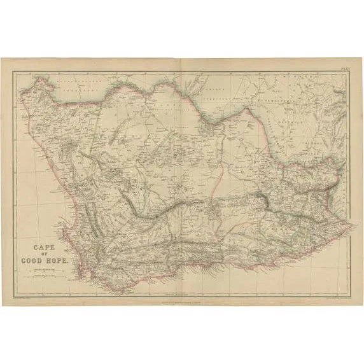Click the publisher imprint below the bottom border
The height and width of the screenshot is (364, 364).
[x=182, y=301]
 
